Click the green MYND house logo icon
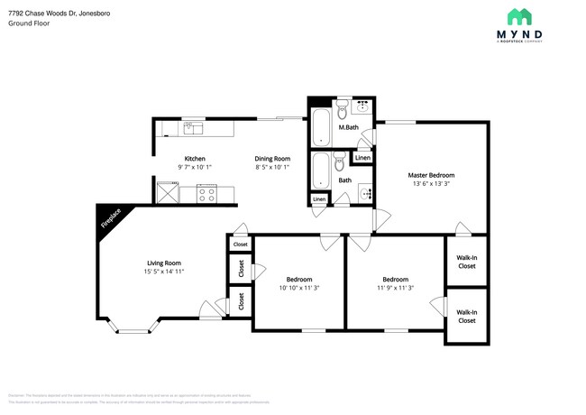click(519, 16)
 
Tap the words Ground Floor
click(28, 24)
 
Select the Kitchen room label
click(196, 159)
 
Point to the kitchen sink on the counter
click(194, 128)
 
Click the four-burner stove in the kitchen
click(206, 192)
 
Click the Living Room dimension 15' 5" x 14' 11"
click(164, 271)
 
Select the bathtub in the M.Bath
click(321, 127)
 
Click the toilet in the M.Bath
click(343, 111)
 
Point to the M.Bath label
click(349, 128)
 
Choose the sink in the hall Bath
click(364, 193)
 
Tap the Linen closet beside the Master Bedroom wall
click(362, 158)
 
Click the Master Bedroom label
click(431, 175)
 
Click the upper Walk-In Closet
click(467, 261)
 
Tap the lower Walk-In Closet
click(467, 316)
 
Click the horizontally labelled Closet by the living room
click(240, 244)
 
